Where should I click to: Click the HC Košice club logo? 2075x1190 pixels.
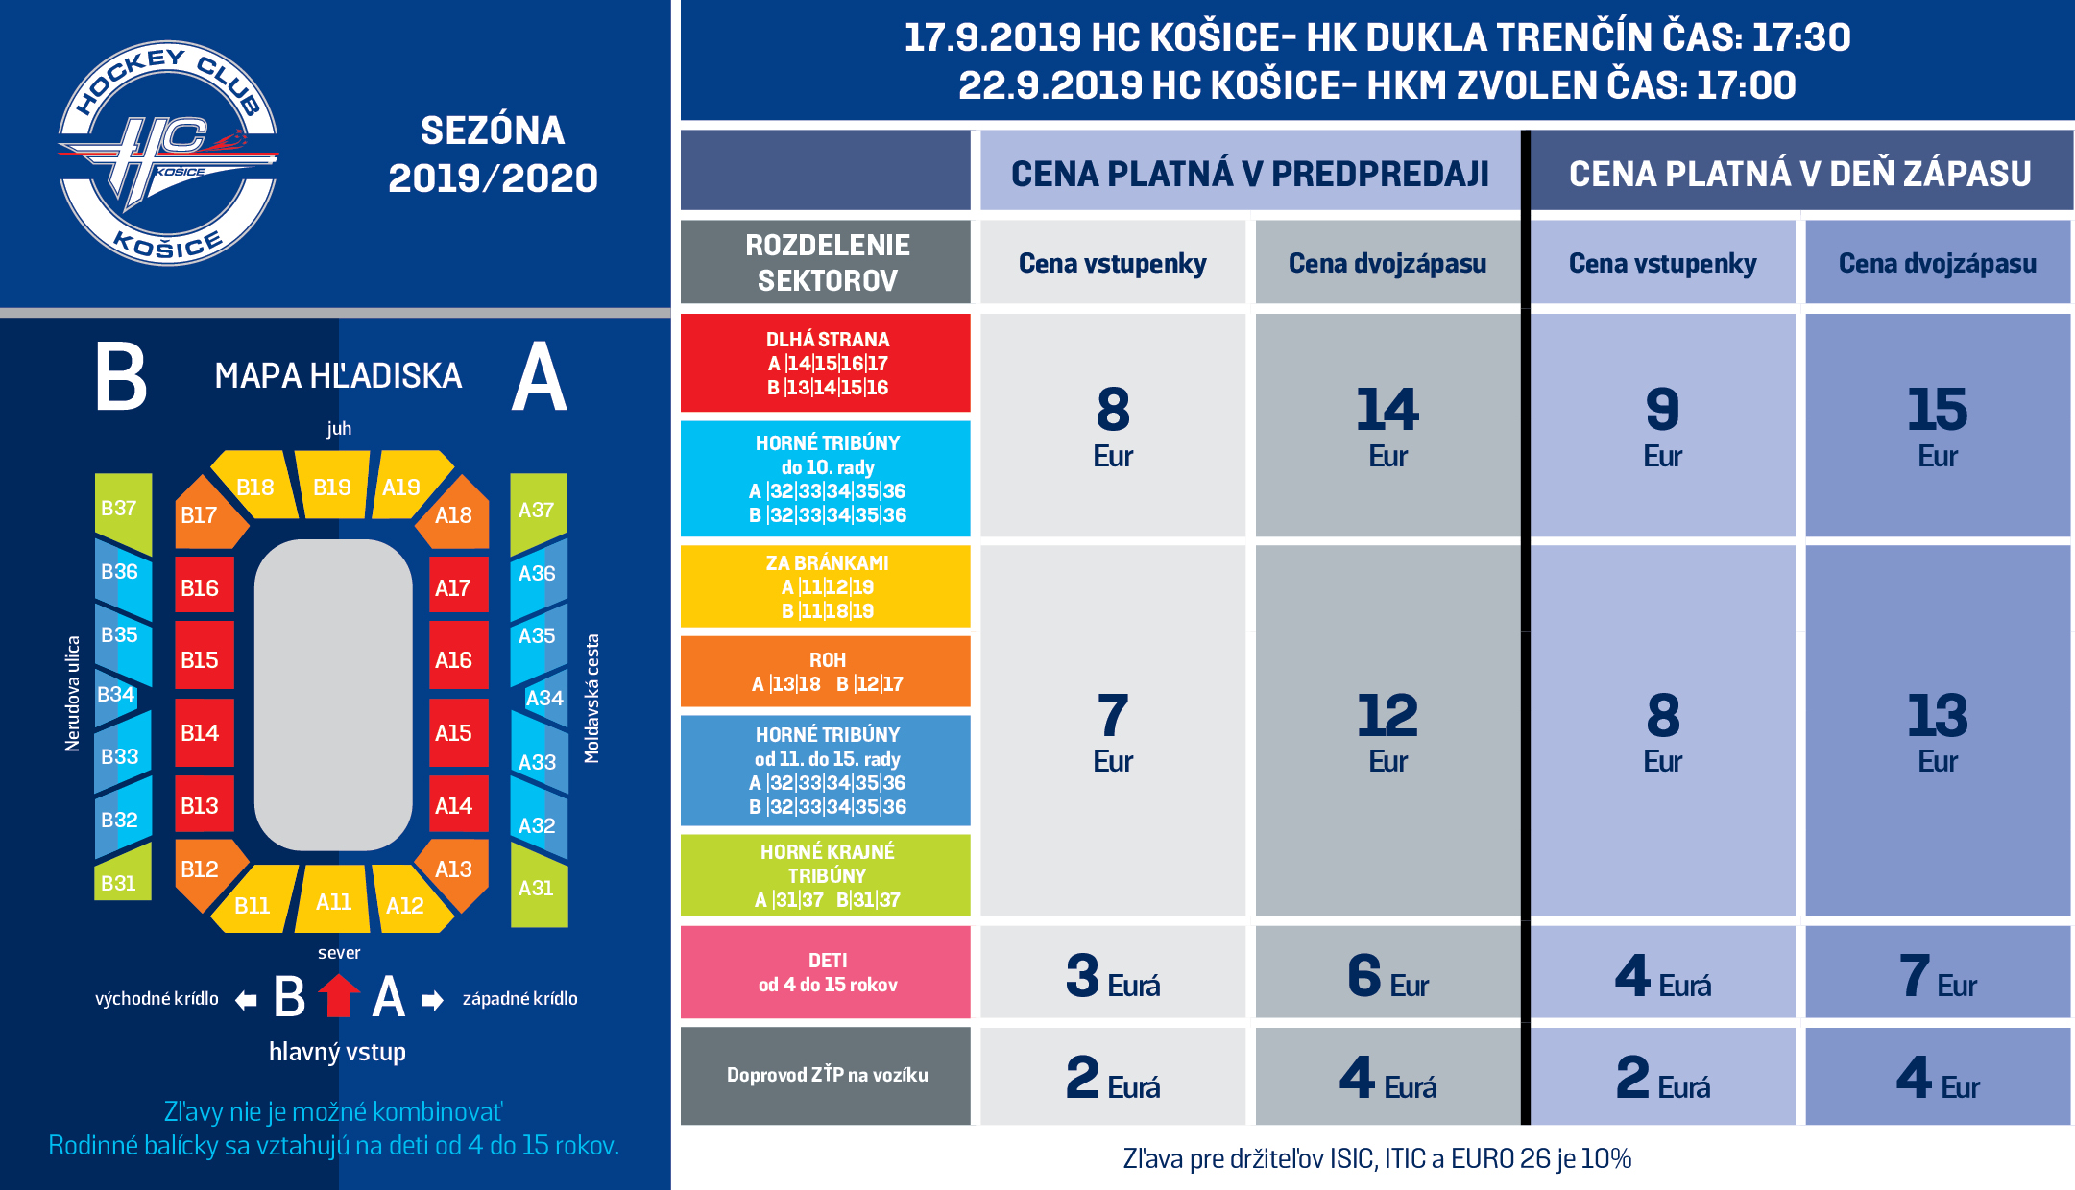(168, 154)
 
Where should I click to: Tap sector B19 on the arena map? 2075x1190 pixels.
(332, 485)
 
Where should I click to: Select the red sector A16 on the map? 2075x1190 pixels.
(458, 659)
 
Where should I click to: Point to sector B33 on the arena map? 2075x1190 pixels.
(123, 754)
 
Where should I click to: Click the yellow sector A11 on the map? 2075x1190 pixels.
(332, 899)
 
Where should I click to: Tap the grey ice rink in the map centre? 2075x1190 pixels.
(333, 695)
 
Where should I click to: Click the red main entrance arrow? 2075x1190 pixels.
(339, 995)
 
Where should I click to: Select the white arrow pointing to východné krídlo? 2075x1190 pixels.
(247, 1001)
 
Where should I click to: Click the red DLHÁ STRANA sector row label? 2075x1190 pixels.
(826, 363)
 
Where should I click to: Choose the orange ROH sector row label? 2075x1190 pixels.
(826, 672)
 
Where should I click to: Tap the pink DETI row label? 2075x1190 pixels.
(826, 972)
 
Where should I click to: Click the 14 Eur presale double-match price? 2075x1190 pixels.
(1387, 425)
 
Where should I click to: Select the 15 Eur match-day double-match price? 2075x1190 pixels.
(1938, 425)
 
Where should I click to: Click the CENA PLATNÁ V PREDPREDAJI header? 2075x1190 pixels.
(1250, 173)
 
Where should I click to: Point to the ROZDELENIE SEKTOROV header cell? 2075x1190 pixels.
(826, 262)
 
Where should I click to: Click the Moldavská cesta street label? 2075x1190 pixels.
(591, 699)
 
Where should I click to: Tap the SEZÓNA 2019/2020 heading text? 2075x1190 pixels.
(493, 155)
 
